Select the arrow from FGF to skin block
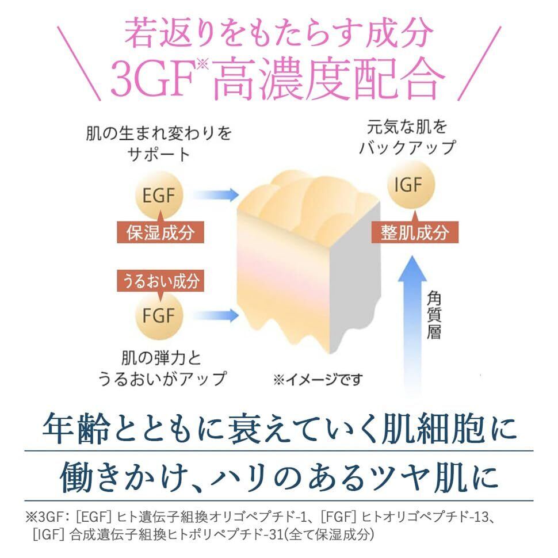221,314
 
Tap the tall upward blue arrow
413,322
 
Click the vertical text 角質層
434,315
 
